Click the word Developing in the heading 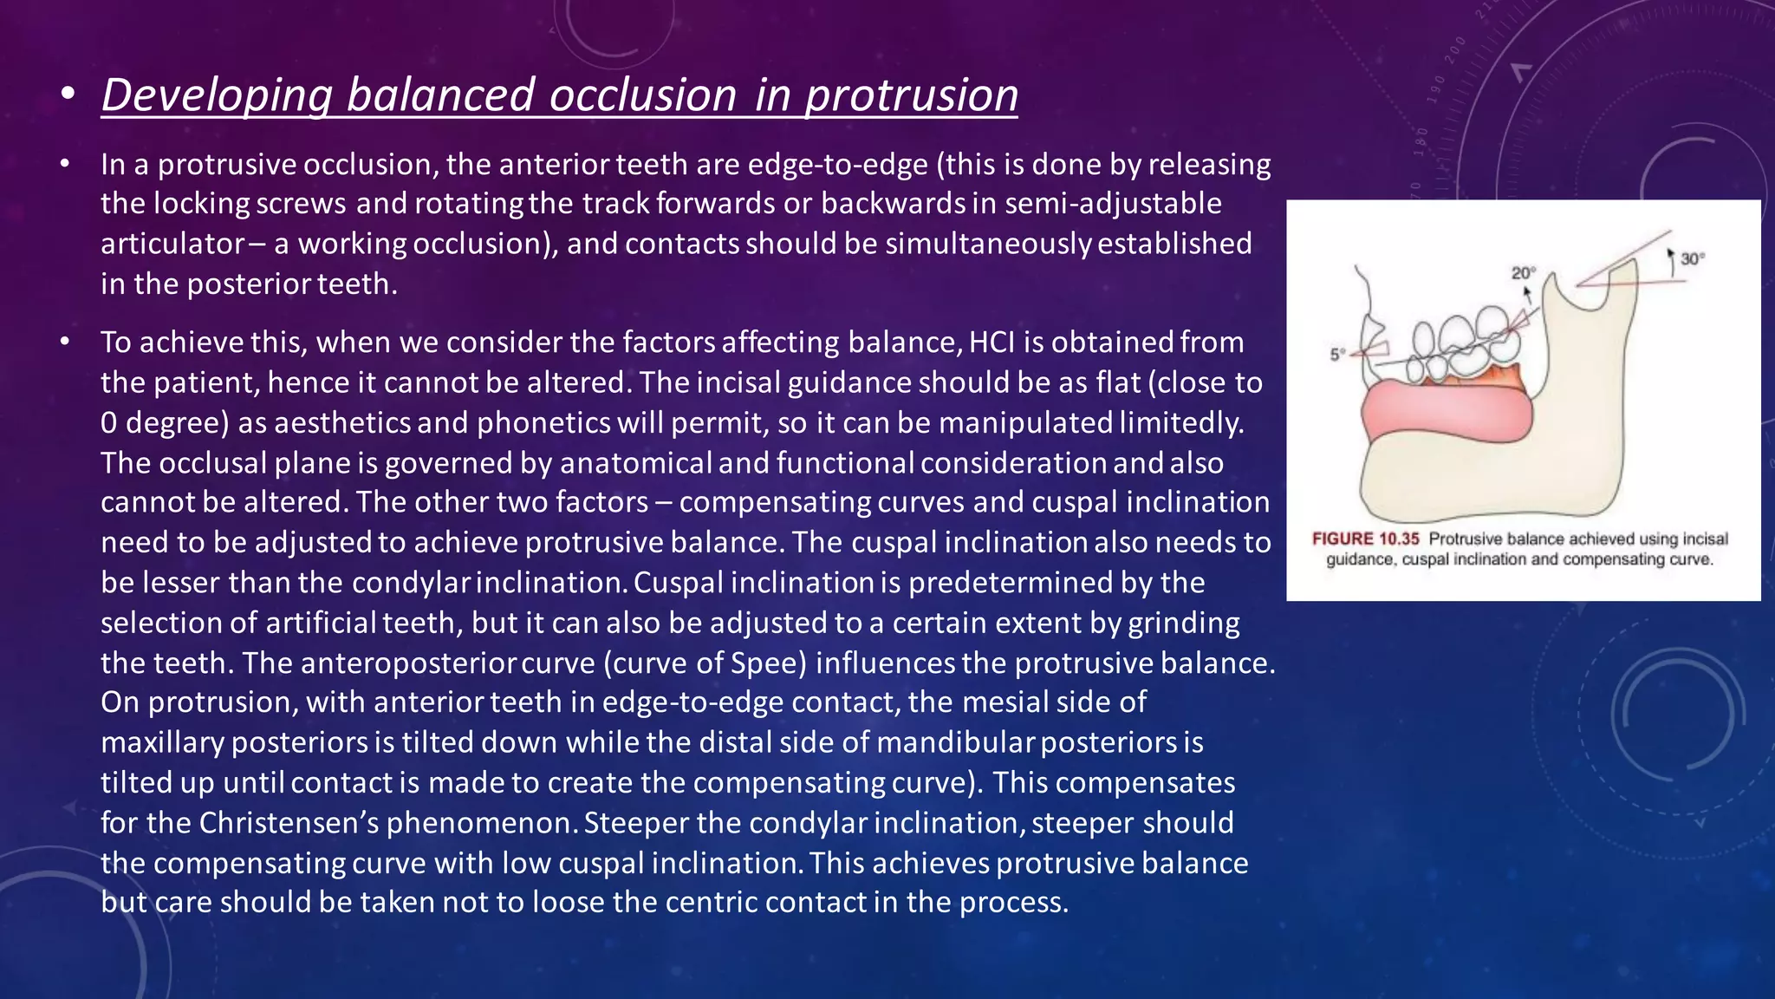(217, 95)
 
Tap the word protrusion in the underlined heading (912, 95)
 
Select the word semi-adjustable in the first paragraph (1113, 203)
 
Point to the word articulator (172, 244)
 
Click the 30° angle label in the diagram (1692, 258)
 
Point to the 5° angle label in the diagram (1337, 354)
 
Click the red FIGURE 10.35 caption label (1365, 539)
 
